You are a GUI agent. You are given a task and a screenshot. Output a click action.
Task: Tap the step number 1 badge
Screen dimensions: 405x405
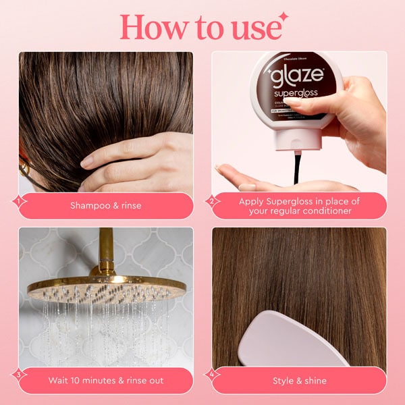pos(18,200)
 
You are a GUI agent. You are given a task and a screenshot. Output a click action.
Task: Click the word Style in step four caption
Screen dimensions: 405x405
pos(283,381)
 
